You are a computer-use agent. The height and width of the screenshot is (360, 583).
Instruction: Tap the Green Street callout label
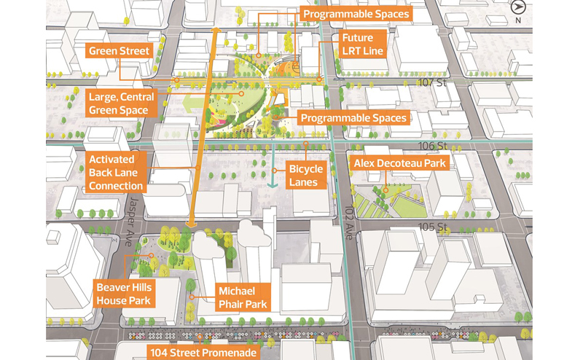pos(119,51)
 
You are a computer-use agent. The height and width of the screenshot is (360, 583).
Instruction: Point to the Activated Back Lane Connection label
pos(117,172)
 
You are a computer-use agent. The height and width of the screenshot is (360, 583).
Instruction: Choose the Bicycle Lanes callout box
pos(307,176)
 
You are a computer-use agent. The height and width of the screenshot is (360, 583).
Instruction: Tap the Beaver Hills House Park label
pos(123,294)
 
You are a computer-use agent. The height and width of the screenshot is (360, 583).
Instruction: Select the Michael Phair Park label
pos(243,297)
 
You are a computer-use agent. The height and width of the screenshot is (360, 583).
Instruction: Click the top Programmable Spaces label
pos(356,14)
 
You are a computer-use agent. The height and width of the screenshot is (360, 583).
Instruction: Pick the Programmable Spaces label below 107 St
pos(353,118)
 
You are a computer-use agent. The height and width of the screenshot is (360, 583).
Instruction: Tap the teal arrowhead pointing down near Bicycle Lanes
pos(273,184)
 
